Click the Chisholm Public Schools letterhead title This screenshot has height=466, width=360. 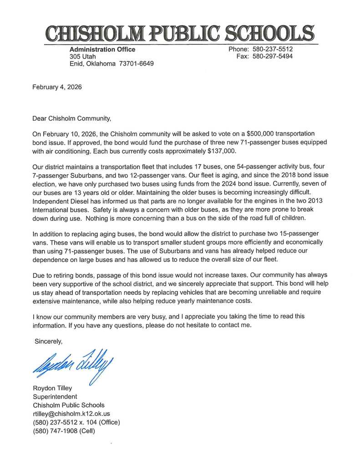tap(180, 33)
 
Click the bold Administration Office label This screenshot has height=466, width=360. tap(102, 49)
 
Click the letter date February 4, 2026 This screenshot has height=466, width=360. tap(57, 87)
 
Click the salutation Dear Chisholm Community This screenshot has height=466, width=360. tap(72, 119)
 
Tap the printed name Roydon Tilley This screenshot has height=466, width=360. tap(52, 388)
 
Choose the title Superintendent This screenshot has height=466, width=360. tap(55, 396)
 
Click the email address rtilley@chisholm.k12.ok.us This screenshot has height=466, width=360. tap(71, 414)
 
